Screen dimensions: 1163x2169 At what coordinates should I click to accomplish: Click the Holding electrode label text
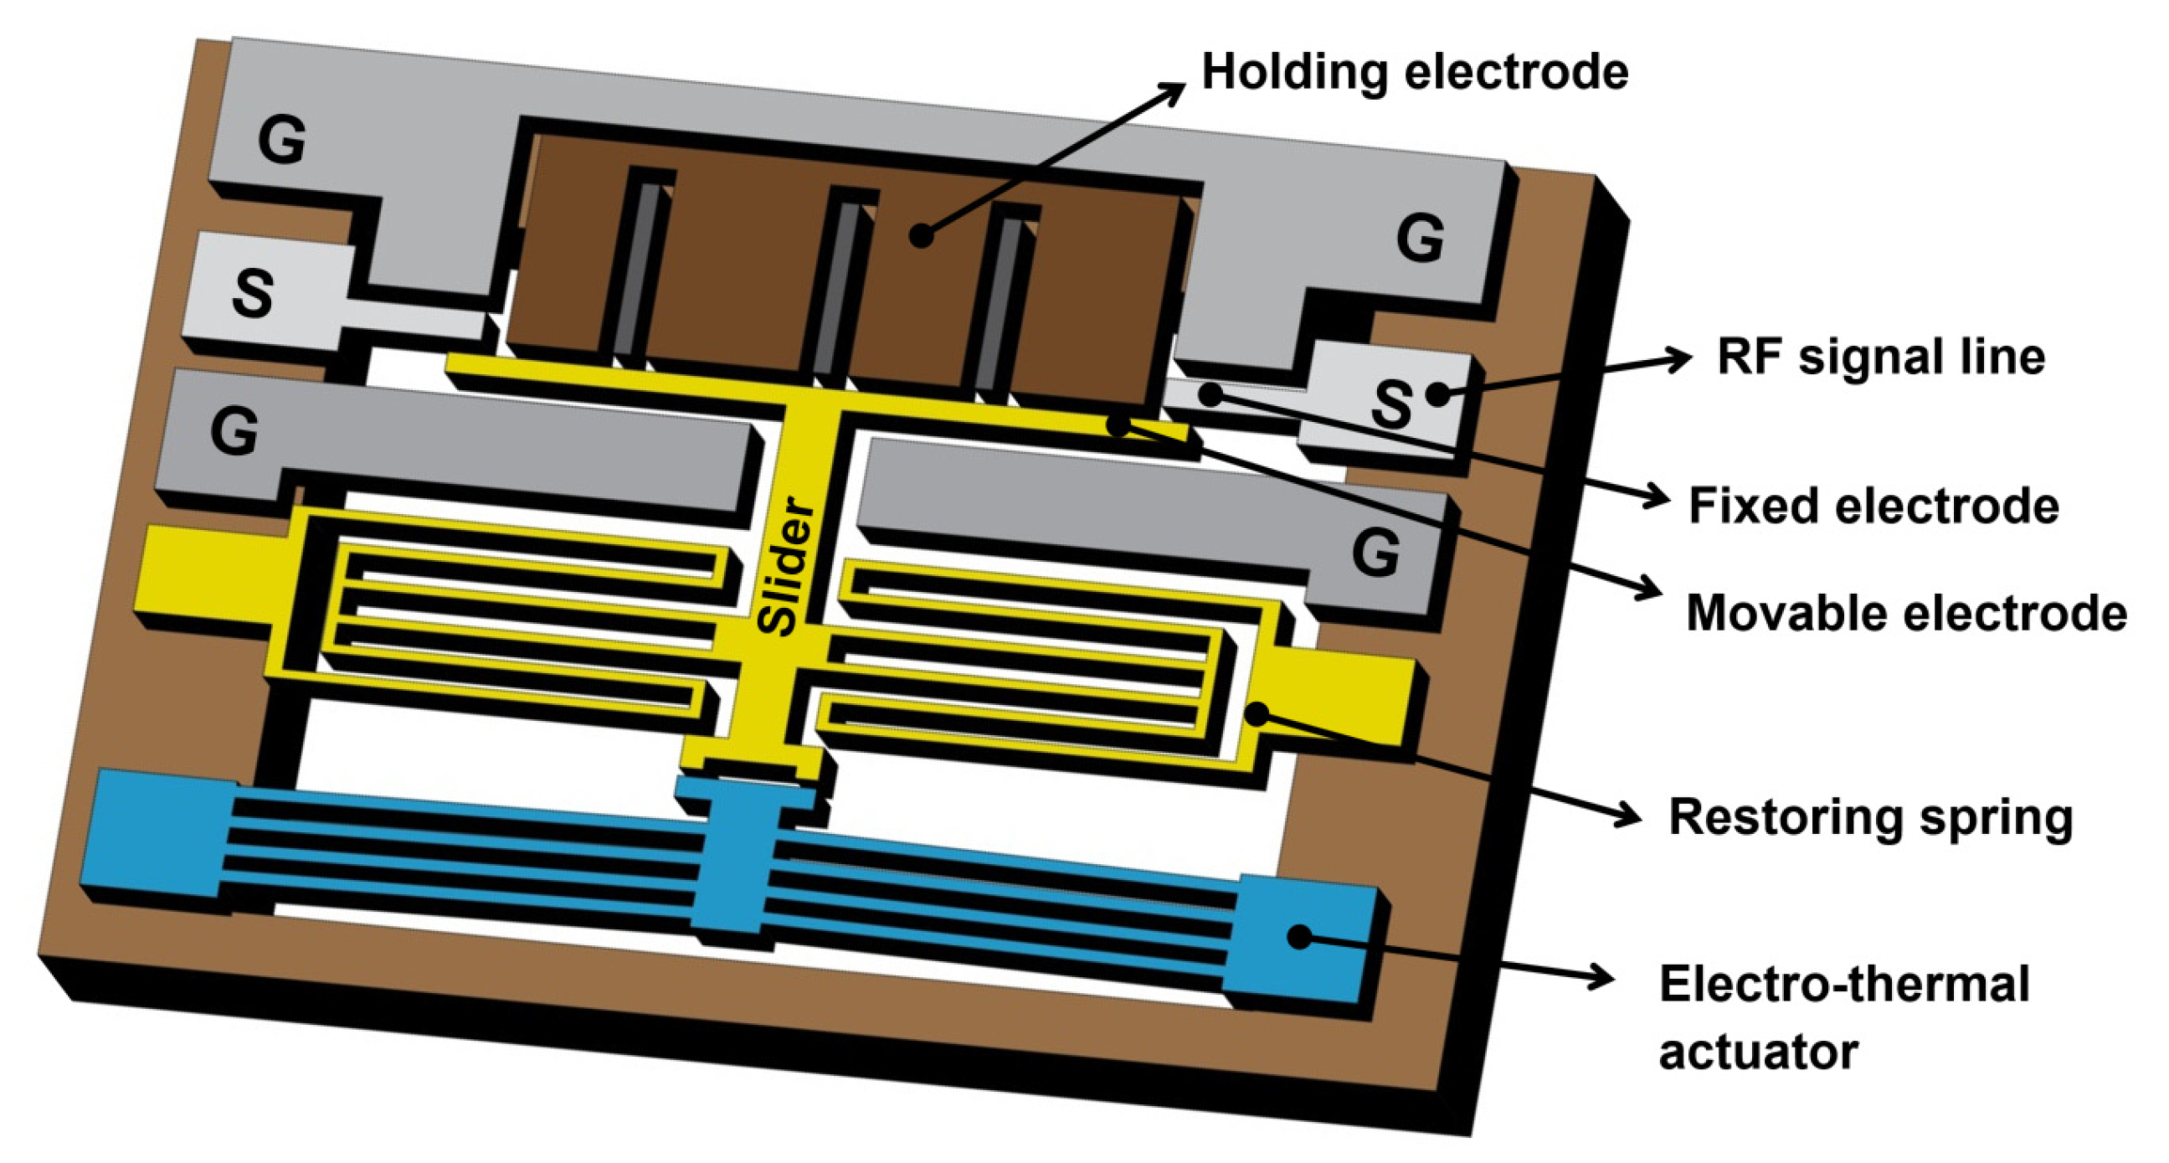[x=1414, y=71]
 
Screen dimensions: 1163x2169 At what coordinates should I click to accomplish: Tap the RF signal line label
[x=1880, y=357]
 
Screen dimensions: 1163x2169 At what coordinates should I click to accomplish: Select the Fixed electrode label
[x=1873, y=505]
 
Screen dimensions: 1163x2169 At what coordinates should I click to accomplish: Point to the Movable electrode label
[x=1905, y=612]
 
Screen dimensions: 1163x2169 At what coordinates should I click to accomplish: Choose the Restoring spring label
[x=1869, y=817]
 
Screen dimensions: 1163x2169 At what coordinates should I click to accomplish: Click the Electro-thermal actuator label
[x=1844, y=1017]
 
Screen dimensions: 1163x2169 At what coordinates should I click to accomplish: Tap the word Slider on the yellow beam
[x=787, y=566]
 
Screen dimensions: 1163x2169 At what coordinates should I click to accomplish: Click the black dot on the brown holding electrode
[x=923, y=235]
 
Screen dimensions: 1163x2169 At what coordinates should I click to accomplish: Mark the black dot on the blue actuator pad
[x=1300, y=936]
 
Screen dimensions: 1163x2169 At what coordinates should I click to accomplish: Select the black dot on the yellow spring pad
[x=1257, y=714]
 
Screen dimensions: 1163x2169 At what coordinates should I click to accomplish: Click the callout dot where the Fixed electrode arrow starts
[x=1210, y=394]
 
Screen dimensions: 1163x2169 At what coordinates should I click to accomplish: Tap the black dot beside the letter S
[x=1438, y=394]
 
